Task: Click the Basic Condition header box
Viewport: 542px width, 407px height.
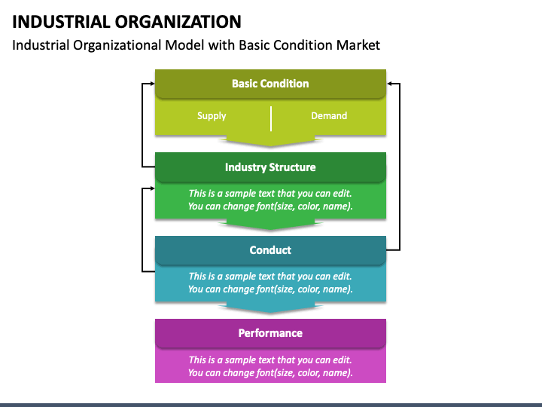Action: (x=270, y=84)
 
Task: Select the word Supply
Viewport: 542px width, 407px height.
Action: (x=212, y=116)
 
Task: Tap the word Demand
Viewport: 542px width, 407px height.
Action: (x=329, y=115)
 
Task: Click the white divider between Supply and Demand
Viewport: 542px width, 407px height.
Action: (x=271, y=119)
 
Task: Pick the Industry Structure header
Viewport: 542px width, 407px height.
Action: (x=270, y=167)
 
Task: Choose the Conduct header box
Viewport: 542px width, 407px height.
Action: (x=270, y=250)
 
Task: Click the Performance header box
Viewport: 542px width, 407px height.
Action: (x=270, y=333)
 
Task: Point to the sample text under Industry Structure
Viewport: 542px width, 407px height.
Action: (x=270, y=200)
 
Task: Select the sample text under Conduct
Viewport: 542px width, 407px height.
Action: (x=270, y=283)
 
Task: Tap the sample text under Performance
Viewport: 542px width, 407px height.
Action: (x=270, y=366)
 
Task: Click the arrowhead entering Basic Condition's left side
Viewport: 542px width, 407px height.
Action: (x=152, y=84)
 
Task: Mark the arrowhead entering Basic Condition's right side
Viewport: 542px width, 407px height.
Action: (x=389, y=84)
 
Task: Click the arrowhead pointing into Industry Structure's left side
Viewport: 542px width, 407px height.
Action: (x=152, y=188)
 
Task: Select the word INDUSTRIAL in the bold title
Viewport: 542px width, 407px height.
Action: (x=61, y=22)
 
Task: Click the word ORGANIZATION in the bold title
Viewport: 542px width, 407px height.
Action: (x=178, y=22)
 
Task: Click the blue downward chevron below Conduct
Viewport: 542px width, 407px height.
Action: (x=271, y=308)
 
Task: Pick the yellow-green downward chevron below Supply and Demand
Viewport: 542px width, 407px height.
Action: (x=271, y=141)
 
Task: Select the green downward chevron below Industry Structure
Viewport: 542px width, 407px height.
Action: (x=271, y=225)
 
